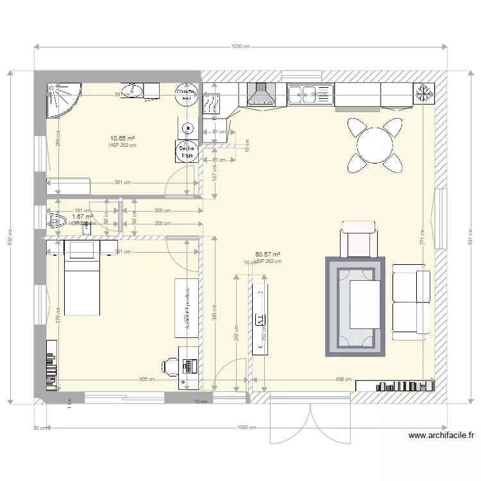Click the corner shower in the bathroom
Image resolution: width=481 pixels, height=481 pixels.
tap(63, 100)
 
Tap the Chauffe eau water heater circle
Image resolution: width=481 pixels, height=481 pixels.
tap(186, 95)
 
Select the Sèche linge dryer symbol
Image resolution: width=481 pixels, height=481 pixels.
tap(187, 151)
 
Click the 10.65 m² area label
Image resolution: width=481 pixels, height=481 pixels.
tap(122, 138)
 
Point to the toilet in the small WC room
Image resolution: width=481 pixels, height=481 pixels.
tap(57, 223)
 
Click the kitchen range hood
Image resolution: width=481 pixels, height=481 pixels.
tap(260, 94)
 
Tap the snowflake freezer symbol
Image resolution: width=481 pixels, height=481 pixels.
tap(423, 92)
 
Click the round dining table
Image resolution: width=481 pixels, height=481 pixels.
tap(376, 145)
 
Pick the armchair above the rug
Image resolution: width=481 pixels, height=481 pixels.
tap(360, 238)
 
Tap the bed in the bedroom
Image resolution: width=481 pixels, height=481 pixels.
tap(81, 278)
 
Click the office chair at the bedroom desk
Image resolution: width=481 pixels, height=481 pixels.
tap(169, 366)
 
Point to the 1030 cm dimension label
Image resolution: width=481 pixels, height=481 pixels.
tap(240, 47)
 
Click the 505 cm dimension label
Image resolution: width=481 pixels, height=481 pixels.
tap(147, 379)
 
